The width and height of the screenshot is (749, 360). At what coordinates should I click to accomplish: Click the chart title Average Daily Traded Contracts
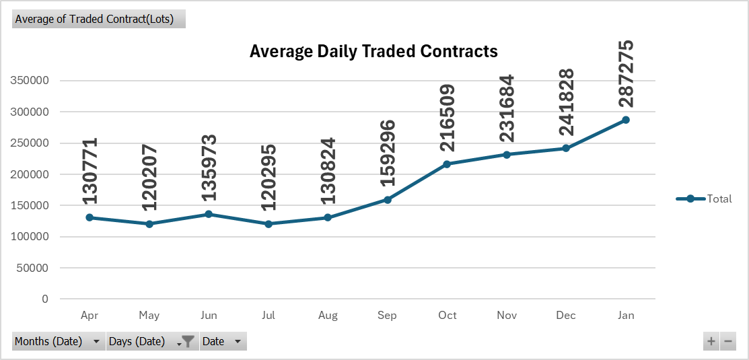373,51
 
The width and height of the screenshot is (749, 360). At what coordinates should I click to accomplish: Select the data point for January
626,120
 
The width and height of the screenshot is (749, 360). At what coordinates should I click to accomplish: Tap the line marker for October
448,164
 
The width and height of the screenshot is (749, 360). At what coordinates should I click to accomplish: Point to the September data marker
388,200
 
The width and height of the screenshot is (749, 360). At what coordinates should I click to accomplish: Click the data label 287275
626,74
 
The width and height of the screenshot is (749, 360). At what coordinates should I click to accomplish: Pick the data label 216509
448,118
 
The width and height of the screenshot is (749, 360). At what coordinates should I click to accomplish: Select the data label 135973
209,168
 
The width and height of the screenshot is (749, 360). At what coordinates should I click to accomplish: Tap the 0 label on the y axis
45,299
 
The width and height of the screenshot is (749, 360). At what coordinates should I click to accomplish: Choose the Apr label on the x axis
90,315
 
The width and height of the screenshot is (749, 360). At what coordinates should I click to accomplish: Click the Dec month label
566,315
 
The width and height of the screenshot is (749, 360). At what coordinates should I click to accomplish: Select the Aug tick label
328,315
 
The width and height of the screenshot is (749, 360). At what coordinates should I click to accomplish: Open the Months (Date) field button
58,341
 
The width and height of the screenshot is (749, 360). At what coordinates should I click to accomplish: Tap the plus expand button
711,342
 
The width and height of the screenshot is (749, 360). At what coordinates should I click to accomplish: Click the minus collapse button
727,342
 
